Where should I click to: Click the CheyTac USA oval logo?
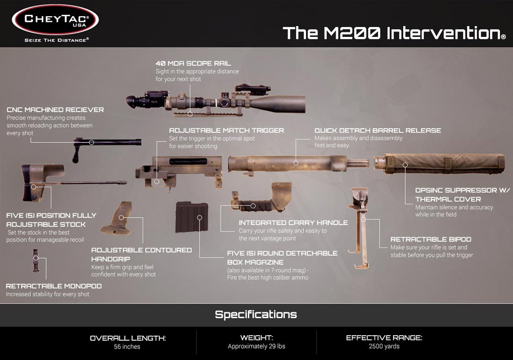55,20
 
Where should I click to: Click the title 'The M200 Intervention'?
394,33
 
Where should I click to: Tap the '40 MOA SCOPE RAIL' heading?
193,63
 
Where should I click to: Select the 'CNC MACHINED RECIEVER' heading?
55,110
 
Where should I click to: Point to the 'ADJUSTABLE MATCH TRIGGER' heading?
227,130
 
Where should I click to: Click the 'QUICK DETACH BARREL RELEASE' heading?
377,130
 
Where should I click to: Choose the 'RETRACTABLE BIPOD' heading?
431,239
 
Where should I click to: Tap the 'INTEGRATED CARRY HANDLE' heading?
293,223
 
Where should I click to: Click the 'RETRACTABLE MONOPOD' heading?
54,286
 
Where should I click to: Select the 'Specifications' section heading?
256,315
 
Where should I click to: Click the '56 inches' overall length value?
127,346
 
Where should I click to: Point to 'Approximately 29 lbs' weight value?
256,346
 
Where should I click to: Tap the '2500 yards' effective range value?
384,346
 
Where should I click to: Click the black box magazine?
192,217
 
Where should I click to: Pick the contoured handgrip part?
117,218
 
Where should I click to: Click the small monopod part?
35,261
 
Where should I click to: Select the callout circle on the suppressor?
405,165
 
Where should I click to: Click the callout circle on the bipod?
363,219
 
